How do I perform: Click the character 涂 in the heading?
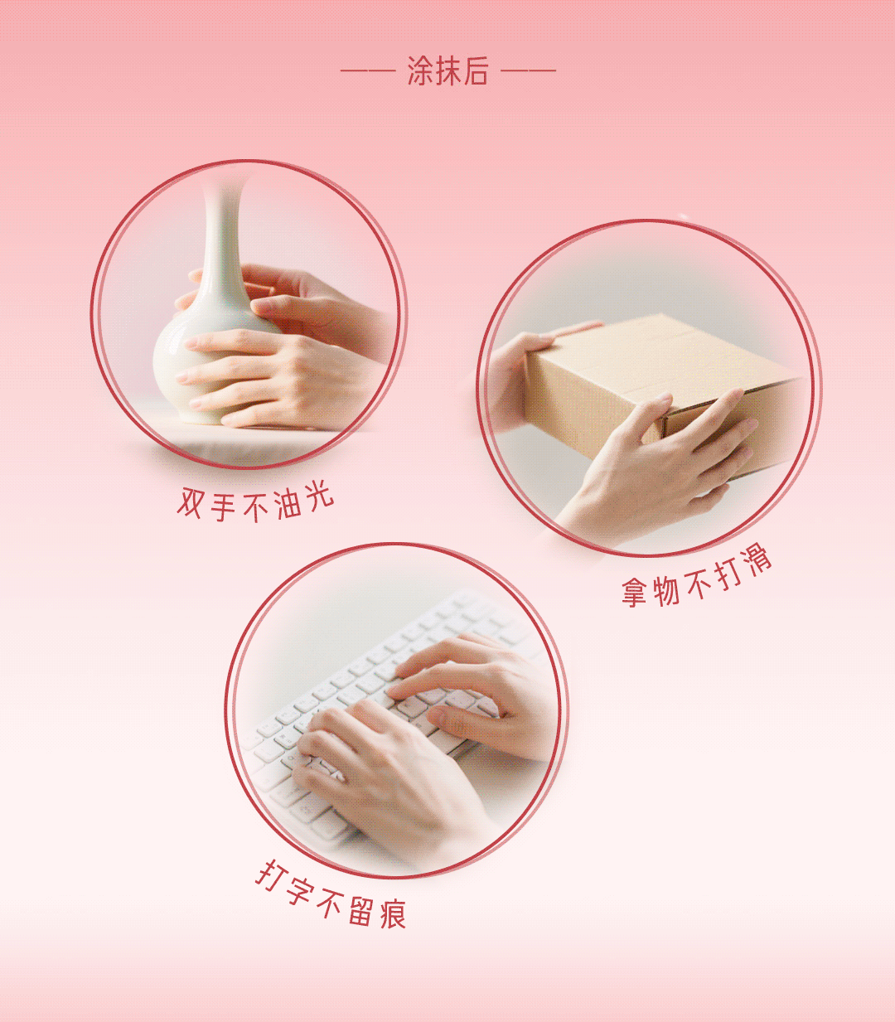click(x=420, y=71)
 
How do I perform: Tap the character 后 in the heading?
click(x=475, y=71)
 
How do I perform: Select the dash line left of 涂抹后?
click(x=368, y=71)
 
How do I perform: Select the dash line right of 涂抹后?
click(x=528, y=71)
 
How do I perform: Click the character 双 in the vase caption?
click(x=191, y=502)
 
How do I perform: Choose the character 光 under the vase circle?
click(x=320, y=496)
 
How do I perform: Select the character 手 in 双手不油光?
click(x=223, y=506)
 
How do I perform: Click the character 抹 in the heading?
click(x=447, y=71)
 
